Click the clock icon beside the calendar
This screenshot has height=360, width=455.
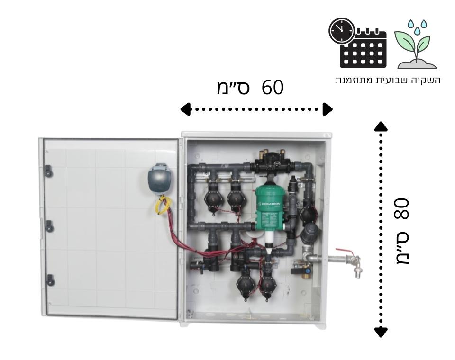[341, 31]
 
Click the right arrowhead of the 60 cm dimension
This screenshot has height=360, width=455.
[328, 109]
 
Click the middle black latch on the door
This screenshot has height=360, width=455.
[48, 225]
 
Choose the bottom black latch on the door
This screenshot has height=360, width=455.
[49, 280]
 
